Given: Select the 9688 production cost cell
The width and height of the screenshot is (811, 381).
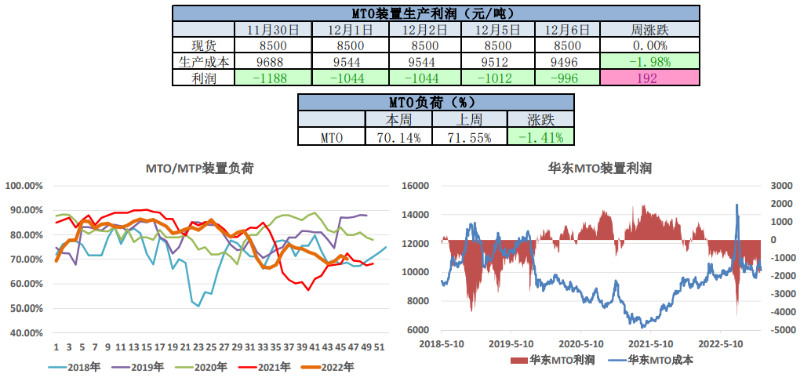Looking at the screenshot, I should pyautogui.click(x=273, y=62).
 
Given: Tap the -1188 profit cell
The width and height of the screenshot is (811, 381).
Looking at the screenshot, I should pyautogui.click(x=273, y=78).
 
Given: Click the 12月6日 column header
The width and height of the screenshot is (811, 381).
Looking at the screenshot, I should pyautogui.click(x=566, y=30).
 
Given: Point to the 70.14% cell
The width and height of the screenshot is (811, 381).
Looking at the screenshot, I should pyautogui.click(x=398, y=137).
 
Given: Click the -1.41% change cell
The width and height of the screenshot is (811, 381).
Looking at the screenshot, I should pyautogui.click(x=540, y=137).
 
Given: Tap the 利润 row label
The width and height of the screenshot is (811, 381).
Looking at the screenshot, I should pyautogui.click(x=203, y=78).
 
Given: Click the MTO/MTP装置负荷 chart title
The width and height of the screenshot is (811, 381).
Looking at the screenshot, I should pyautogui.click(x=200, y=169).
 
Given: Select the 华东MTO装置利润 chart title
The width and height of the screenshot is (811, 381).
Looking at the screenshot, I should pyautogui.click(x=600, y=169).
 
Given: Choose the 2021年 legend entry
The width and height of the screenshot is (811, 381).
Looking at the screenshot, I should pyautogui.click(x=267, y=366).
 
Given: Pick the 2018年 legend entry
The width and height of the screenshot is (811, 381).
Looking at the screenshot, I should pyautogui.click(x=77, y=366).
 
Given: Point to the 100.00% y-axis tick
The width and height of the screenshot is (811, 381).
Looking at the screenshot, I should pyautogui.click(x=24, y=186).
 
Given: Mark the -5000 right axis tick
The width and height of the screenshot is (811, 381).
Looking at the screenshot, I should pyautogui.click(x=779, y=330).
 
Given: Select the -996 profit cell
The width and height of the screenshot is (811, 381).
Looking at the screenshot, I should pyautogui.click(x=566, y=78).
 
